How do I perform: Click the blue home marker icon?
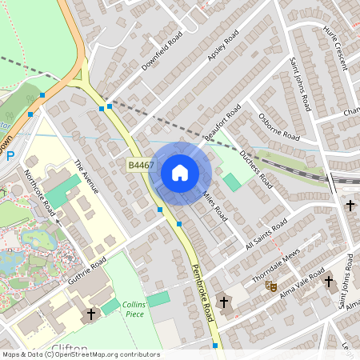click(x=179, y=173)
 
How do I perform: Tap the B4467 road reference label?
click(x=141, y=165)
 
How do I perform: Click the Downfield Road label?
click(x=162, y=50)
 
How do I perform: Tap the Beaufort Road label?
click(x=222, y=124)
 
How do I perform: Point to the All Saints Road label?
click(x=266, y=236)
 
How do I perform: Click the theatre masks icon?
click(x=271, y=284)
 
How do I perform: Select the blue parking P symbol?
click(x=10, y=156)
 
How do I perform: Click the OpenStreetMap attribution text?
click(x=81, y=354)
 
